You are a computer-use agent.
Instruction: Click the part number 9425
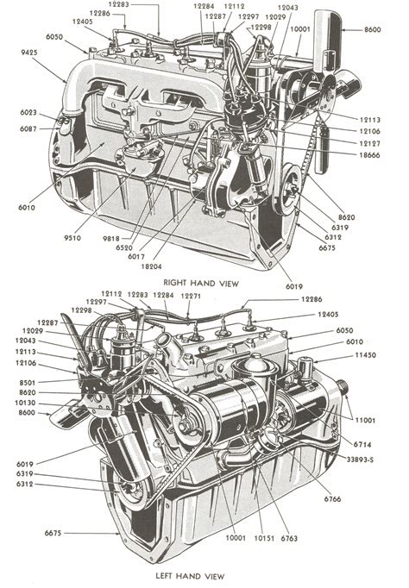[x=28, y=53]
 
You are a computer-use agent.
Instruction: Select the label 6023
[x=28, y=112]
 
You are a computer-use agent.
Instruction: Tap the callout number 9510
[x=72, y=238]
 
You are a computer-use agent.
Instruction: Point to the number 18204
[x=152, y=266]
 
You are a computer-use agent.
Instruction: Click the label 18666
[x=369, y=155]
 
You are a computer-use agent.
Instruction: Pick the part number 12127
[x=369, y=143]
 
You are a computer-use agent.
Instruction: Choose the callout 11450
[x=365, y=354]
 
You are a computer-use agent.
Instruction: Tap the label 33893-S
[x=360, y=460]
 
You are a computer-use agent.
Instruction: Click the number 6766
[x=332, y=499]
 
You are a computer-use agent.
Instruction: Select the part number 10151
[x=264, y=539]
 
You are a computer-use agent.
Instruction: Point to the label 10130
[x=25, y=403]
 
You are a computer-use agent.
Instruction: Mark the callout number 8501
[x=28, y=383]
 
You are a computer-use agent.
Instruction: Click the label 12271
[x=191, y=297]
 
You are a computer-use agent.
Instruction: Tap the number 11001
[x=365, y=421]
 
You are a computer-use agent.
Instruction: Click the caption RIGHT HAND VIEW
[x=201, y=283]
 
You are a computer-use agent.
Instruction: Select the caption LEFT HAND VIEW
[x=190, y=576]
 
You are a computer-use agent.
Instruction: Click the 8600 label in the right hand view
[x=372, y=29]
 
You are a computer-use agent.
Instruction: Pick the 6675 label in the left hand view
[x=53, y=533]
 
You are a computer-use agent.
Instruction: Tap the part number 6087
[x=28, y=129]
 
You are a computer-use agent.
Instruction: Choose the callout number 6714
[x=362, y=445]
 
